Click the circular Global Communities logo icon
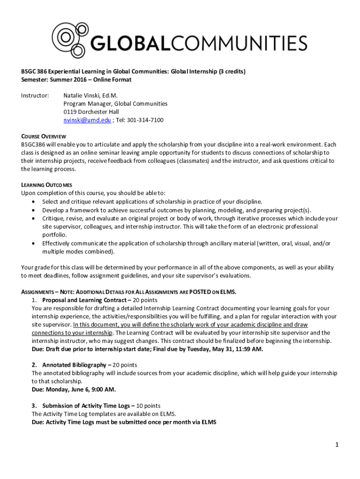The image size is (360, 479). [69, 38]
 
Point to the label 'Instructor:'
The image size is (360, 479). [35, 95]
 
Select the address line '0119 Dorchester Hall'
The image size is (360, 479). [91, 112]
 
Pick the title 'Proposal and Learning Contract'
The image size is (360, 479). [83, 300]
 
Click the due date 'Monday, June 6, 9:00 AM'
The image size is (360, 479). [81, 389]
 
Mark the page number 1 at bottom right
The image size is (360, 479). [336, 445]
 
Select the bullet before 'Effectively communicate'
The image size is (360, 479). [33, 243]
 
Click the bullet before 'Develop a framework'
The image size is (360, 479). [33, 210]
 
